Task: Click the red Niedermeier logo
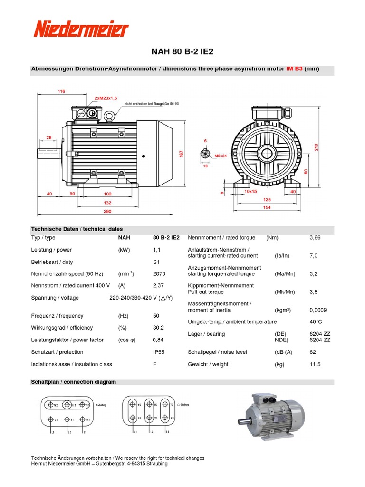click(81, 29)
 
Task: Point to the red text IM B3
click(294, 69)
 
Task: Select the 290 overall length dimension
click(107, 211)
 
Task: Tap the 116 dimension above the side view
click(61, 91)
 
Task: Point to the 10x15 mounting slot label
click(250, 191)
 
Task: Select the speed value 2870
click(159, 274)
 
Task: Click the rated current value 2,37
click(159, 286)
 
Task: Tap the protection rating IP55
click(159, 352)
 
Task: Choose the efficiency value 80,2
click(159, 328)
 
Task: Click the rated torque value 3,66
click(315, 238)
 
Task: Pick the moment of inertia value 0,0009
click(318, 310)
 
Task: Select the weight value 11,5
click(315, 364)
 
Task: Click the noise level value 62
click(312, 352)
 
